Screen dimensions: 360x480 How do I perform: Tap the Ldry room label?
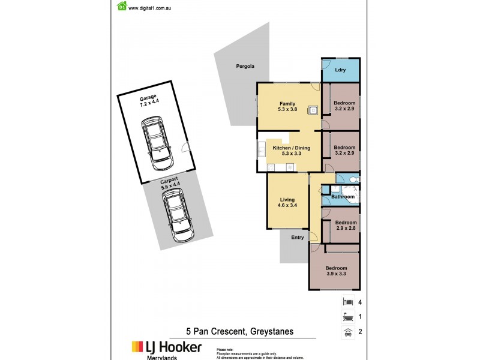[340, 70]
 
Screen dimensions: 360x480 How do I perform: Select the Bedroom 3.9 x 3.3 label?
[336, 271]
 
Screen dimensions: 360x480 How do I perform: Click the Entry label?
[298, 238]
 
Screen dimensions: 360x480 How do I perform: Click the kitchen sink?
[262, 150]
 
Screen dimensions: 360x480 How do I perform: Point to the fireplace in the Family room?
[312, 110]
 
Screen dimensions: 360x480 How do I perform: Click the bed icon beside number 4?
[347, 301]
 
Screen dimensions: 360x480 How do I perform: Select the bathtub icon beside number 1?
[347, 317]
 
